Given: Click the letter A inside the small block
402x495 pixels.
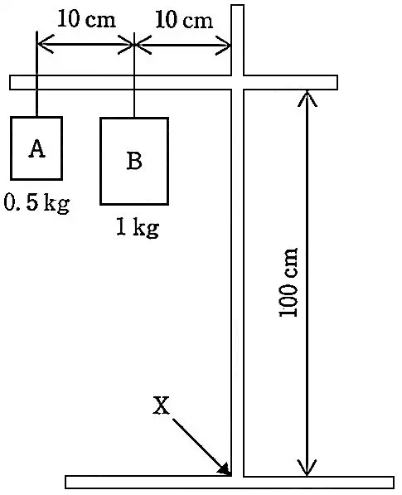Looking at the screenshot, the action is [37, 148].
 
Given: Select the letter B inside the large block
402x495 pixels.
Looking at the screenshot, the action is [134, 160].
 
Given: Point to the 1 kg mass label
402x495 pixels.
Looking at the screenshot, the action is [138, 228].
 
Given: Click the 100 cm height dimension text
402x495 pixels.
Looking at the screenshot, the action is [288, 282].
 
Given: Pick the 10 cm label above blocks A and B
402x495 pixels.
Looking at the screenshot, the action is [86, 19].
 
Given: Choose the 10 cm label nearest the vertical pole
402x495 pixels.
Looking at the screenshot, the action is [184, 20].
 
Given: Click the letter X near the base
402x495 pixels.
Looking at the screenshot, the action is [161, 405].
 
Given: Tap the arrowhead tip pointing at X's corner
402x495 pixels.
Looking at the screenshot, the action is [231, 475].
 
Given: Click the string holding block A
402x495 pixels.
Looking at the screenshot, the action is [37, 74].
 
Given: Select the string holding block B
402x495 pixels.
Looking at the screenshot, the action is [134, 75].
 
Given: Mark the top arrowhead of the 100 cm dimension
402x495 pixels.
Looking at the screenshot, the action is [307, 91].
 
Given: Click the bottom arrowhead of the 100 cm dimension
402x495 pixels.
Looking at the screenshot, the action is [307, 475].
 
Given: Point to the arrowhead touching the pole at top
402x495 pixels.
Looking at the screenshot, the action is [230, 46].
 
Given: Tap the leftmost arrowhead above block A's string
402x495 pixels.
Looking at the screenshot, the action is [38, 44].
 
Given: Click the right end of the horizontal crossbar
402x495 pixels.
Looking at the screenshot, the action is [337, 83].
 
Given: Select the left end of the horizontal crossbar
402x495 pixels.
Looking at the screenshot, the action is [10, 83].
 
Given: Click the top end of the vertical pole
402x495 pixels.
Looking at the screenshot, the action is [238, 5].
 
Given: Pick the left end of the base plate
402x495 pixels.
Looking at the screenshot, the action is [66, 482].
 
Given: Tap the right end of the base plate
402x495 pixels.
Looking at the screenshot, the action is [394, 483].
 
